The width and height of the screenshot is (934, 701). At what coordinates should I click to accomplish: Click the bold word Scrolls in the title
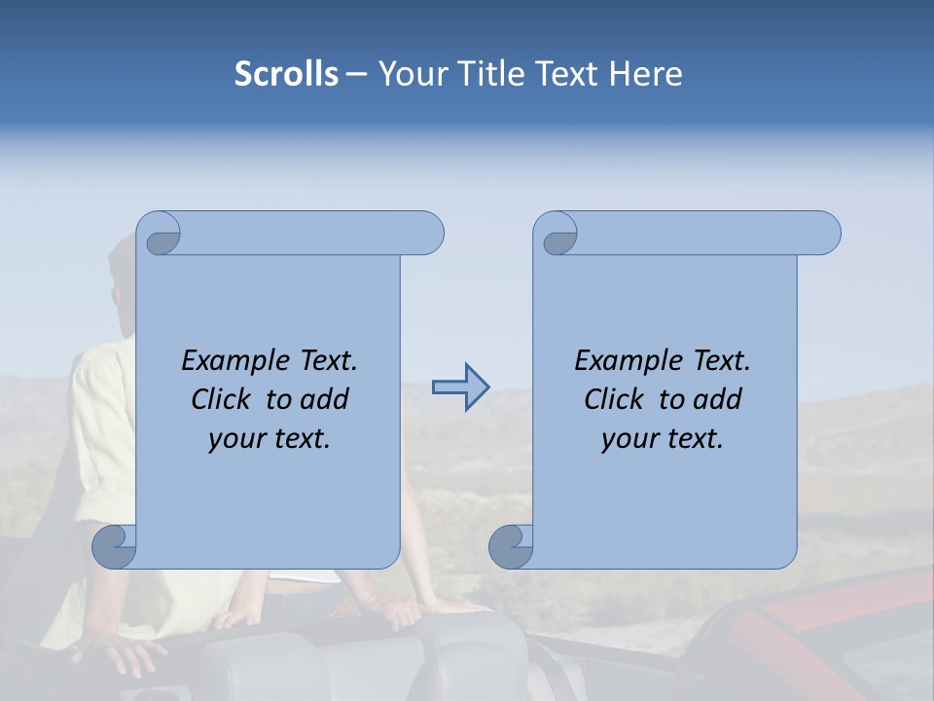(287, 74)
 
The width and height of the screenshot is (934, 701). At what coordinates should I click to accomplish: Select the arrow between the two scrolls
(461, 387)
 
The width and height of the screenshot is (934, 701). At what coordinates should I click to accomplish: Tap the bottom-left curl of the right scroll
(511, 546)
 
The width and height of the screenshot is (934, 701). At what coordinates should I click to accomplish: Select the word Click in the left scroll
(222, 400)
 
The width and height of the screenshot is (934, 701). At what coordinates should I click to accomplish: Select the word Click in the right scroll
(614, 400)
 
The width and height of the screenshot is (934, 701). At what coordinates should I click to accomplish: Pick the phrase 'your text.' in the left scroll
(269, 439)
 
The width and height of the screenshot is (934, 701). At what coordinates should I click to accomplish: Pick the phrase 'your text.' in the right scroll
(663, 439)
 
